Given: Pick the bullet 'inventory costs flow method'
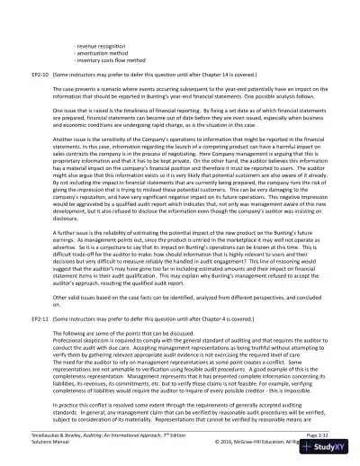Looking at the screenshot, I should coord(111,59).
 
